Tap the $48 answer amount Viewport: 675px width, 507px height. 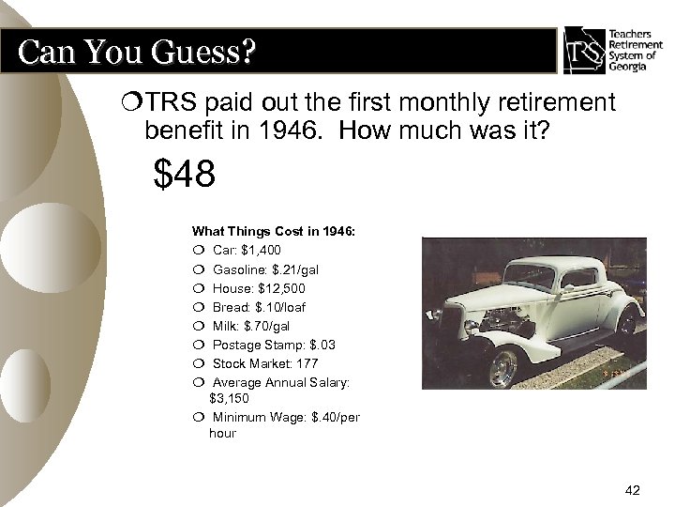[x=186, y=174]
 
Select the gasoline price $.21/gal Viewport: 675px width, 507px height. [x=299, y=269]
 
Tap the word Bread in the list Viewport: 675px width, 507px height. [x=231, y=307]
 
